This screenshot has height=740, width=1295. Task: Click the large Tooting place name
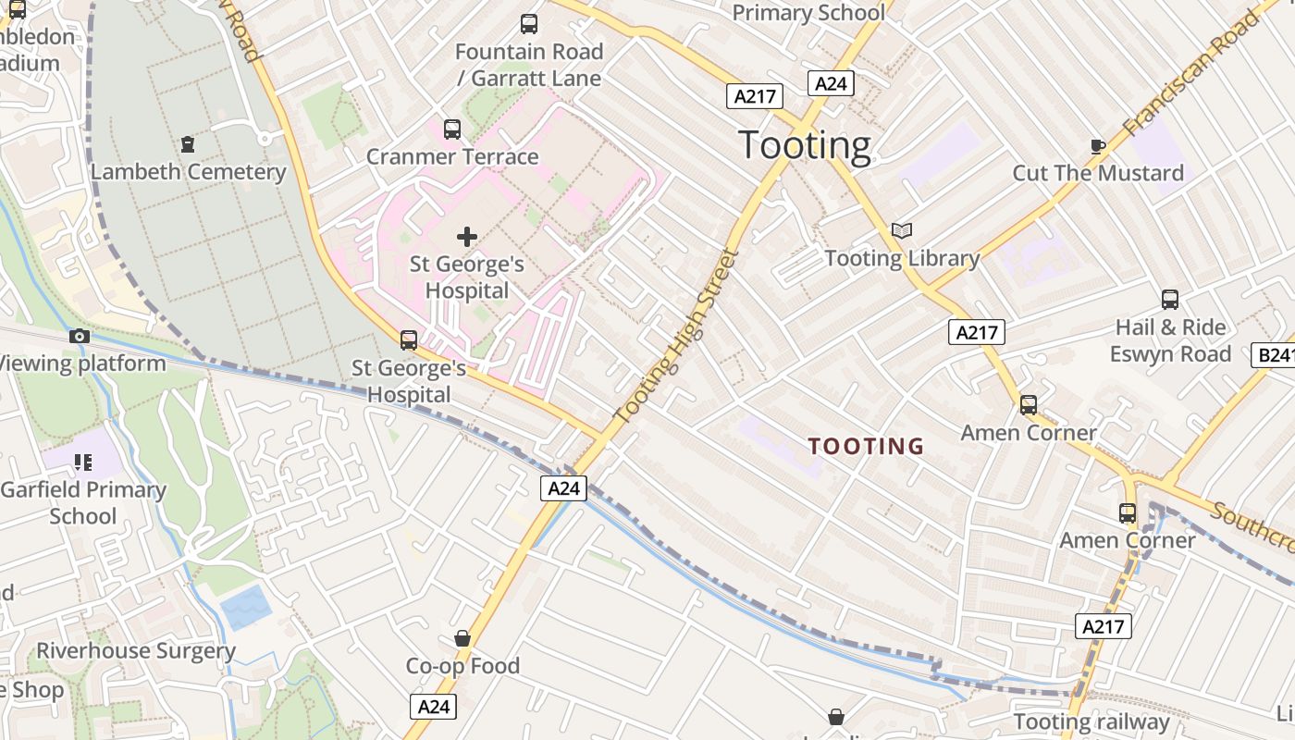pos(805,145)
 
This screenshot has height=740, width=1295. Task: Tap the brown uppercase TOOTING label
pos(866,447)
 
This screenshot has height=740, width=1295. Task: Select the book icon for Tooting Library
pos(902,230)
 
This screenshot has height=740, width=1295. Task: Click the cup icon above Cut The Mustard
pos(1098,146)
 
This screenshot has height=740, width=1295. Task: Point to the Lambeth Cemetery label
pos(189,172)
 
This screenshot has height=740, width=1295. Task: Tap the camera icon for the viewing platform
pos(80,336)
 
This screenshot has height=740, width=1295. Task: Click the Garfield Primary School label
pos(83,502)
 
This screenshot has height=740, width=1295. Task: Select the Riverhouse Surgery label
pos(136,650)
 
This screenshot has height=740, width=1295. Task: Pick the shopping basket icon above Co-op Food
pos(462,638)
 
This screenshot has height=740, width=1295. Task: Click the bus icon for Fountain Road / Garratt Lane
pos(529,24)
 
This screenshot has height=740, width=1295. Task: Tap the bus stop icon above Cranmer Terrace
pos(452,129)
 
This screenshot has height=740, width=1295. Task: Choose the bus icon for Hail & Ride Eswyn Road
pos(1170,300)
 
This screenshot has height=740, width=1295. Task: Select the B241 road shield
pos(1274,355)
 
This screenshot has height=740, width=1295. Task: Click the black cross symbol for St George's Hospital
pos(467,237)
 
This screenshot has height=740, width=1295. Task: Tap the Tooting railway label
pos(1091,721)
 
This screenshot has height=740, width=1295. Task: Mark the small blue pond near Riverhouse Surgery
pos(246,607)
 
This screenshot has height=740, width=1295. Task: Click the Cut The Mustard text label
pos(1098,173)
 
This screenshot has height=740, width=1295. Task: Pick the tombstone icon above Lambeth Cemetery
pos(189,144)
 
